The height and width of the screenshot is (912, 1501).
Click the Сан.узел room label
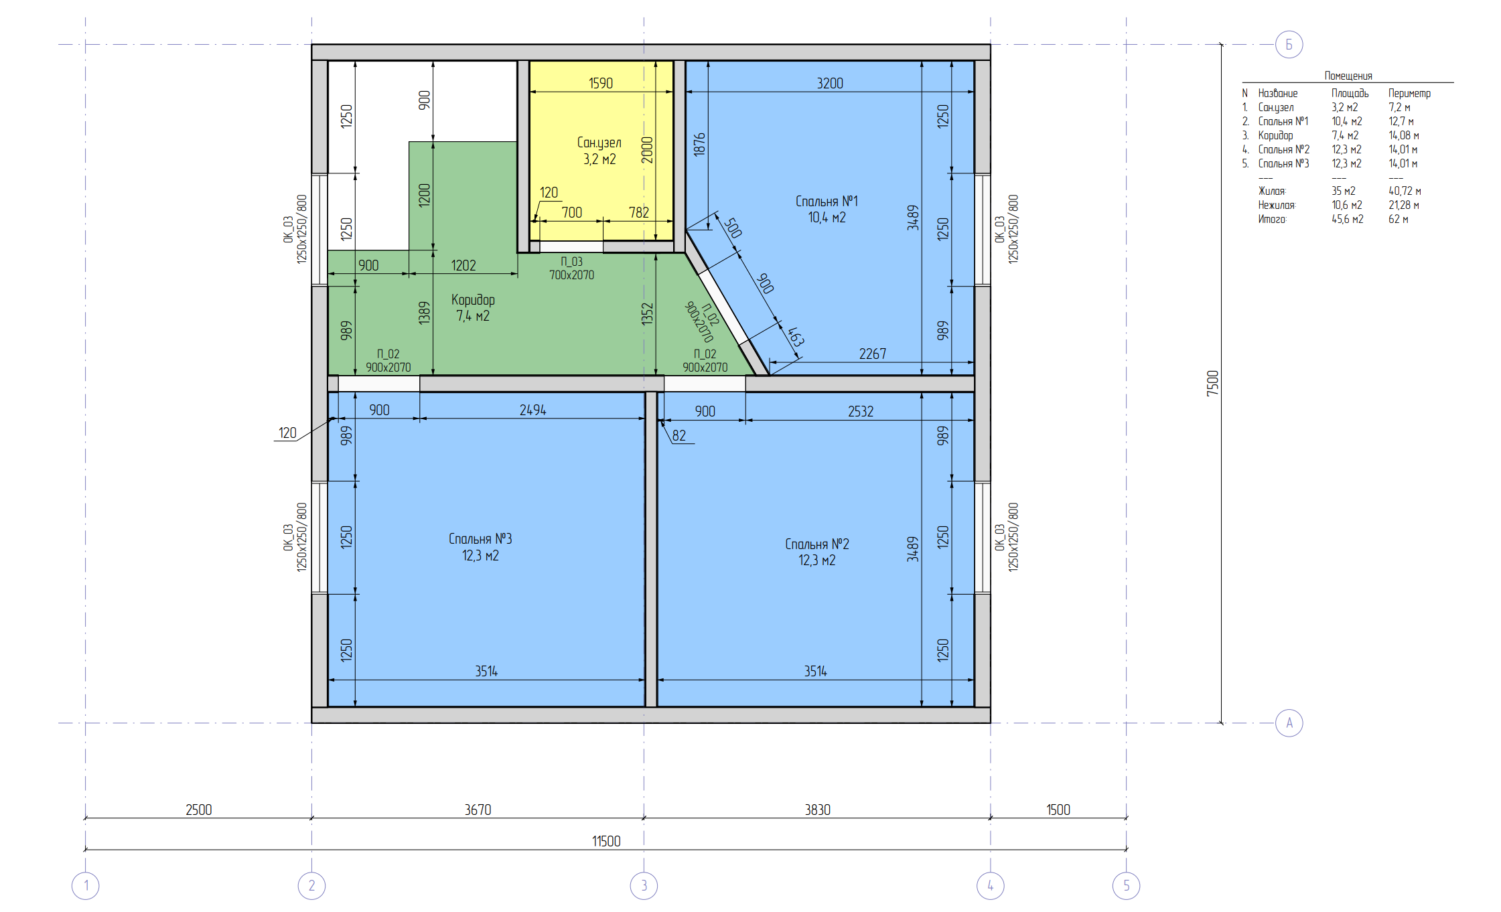[599, 143]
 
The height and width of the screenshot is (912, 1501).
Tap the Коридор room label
[473, 299]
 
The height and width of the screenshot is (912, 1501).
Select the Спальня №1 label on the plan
[827, 201]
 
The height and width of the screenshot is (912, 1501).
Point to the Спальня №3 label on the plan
[480, 539]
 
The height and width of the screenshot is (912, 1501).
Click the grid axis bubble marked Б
[1289, 45]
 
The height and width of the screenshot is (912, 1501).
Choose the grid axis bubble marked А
[1289, 723]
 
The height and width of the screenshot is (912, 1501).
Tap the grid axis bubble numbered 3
[644, 886]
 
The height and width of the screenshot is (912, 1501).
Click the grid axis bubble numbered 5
[1126, 886]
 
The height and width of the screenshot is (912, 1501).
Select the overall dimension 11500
[606, 841]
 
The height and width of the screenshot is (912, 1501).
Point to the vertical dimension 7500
[1213, 383]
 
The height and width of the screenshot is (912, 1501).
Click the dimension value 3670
[478, 810]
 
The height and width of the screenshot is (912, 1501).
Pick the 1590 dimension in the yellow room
[601, 83]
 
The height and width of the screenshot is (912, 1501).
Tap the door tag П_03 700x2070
[571, 268]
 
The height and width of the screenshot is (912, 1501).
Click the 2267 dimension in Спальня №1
[873, 354]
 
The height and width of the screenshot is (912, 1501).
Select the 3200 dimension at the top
[830, 83]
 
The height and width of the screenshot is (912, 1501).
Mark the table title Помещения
[1348, 76]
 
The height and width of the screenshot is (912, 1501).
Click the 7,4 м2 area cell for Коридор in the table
[1345, 135]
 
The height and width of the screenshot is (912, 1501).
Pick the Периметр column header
[1409, 93]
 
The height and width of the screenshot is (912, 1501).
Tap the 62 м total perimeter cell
[1398, 219]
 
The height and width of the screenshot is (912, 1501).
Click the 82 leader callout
[679, 435]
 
